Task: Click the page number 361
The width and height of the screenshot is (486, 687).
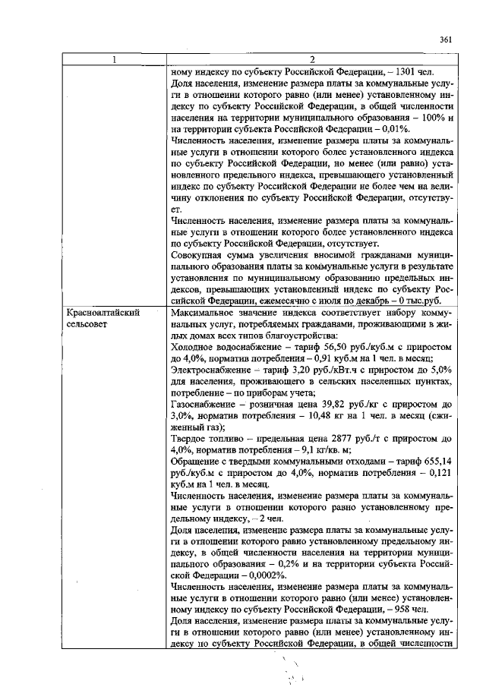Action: pyautogui.click(x=446, y=39)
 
